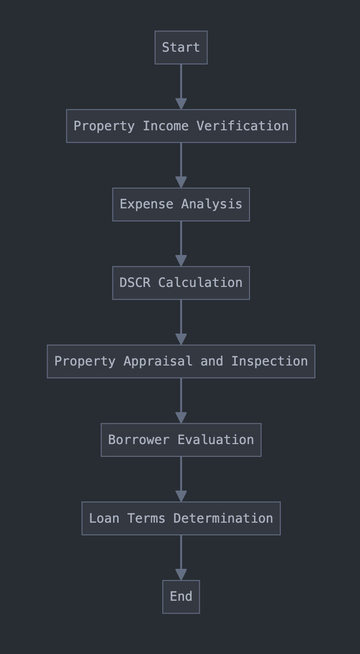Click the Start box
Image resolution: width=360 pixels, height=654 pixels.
(x=181, y=47)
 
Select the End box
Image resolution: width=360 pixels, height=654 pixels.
(x=181, y=597)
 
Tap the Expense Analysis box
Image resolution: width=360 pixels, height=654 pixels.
(x=181, y=204)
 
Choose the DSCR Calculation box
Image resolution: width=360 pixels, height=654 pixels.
(x=181, y=283)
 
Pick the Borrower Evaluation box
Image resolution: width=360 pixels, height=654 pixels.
(x=181, y=440)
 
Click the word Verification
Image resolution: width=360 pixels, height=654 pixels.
(x=242, y=126)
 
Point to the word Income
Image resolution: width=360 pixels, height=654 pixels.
(x=165, y=126)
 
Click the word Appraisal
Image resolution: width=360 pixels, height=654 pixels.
(x=158, y=361)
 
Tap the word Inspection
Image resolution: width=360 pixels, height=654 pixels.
(x=269, y=361)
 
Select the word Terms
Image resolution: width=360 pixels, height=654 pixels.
(x=146, y=519)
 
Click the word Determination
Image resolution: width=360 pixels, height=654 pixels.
(x=223, y=519)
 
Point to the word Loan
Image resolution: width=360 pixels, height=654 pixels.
(x=104, y=519)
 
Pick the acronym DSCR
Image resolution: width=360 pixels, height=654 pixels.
(x=135, y=282)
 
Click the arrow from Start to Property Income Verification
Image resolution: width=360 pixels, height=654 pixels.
(x=181, y=87)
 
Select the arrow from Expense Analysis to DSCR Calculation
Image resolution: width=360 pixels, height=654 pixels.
(x=181, y=244)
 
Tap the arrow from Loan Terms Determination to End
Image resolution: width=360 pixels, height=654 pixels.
(x=181, y=558)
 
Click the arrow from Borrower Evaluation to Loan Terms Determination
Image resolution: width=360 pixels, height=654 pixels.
(x=181, y=479)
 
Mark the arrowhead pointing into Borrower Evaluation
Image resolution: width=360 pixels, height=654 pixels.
(x=181, y=418)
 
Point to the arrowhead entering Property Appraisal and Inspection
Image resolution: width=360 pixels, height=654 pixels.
(x=181, y=339)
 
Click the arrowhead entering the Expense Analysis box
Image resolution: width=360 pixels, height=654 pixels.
(x=181, y=182)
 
